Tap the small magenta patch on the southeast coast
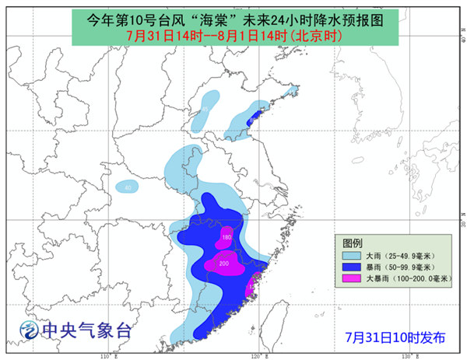250,290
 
